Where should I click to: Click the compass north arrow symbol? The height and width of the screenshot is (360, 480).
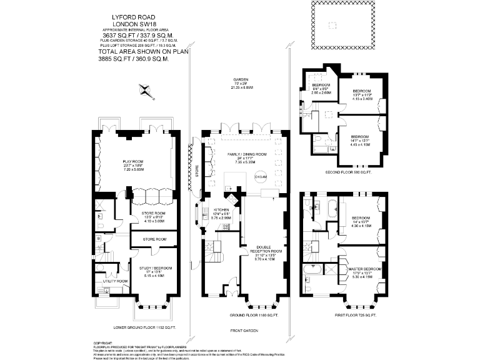[147, 91]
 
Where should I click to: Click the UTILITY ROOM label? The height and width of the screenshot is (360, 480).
[115, 281]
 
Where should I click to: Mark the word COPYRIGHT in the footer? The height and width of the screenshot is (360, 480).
[102, 343]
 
